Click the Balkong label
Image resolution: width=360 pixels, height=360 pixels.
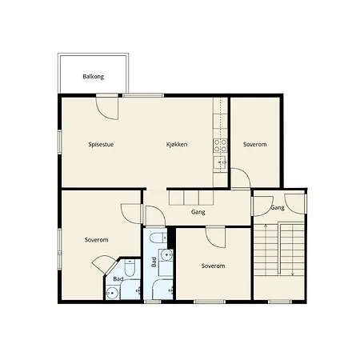coord(93,77)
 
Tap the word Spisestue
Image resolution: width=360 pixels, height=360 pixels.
coord(100,144)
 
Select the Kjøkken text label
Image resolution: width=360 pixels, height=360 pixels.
coord(177,144)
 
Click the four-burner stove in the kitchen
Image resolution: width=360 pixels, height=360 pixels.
coord(219,146)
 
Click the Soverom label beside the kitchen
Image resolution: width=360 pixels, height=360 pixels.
coord(255,144)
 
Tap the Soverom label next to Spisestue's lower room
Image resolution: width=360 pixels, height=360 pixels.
coord(96,240)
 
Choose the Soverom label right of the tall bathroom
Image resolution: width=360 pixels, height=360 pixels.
coord(213,266)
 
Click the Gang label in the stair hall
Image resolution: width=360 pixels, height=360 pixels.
coord(278,207)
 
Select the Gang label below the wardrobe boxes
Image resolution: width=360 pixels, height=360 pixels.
coord(198,212)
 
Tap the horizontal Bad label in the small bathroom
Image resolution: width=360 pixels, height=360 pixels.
coord(118,278)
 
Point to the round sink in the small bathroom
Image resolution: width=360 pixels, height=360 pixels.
coord(113,292)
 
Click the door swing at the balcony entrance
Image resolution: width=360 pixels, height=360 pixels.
coord(106,106)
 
